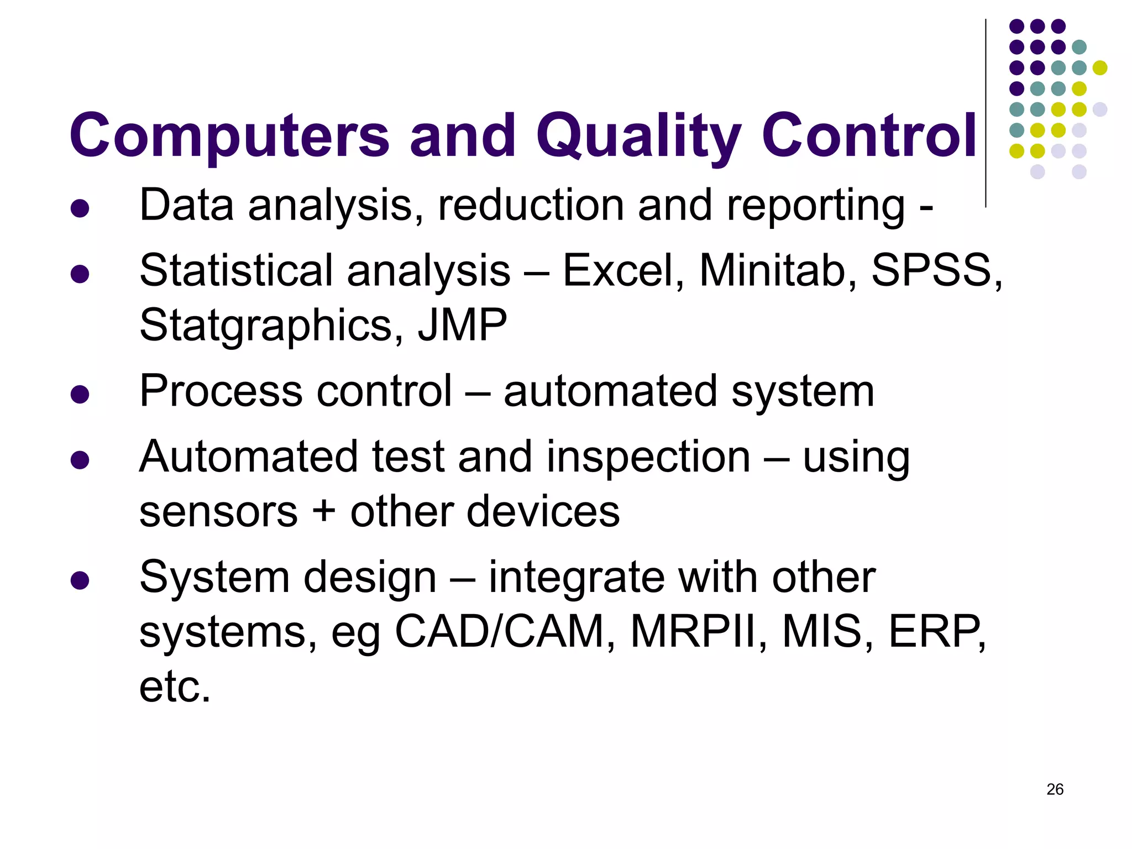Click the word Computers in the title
coord(229,135)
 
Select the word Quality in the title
coord(638,135)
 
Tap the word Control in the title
coord(869,135)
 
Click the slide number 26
coord(1055,789)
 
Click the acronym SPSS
coord(934,271)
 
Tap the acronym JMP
coord(462,325)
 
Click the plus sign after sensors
coord(324,511)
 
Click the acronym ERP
coord(934,631)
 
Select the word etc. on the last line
coord(175,686)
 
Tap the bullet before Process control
coord(80,394)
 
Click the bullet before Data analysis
coord(80,208)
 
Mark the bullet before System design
coord(80,580)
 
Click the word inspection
coord(648,458)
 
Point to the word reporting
coord(815,206)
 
